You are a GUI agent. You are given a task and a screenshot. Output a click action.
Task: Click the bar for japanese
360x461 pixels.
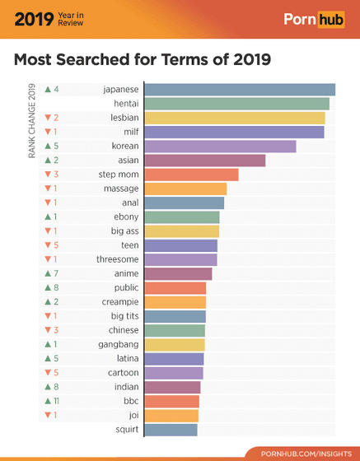point(239,89)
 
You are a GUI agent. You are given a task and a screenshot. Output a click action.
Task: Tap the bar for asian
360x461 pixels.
point(204,161)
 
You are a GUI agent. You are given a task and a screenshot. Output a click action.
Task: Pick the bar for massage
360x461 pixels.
point(185,189)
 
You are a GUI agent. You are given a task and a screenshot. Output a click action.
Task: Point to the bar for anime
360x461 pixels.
point(178,273)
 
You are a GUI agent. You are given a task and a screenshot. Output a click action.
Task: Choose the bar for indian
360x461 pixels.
point(172,387)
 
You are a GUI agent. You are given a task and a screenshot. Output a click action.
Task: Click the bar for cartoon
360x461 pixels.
point(173,373)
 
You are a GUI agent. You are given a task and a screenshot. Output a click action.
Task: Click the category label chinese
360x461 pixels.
point(124,330)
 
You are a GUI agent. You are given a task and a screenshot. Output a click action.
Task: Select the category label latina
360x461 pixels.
point(126,359)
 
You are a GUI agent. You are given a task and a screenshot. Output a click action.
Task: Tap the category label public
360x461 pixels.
point(126,288)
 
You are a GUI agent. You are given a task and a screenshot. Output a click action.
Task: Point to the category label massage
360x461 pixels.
point(121,189)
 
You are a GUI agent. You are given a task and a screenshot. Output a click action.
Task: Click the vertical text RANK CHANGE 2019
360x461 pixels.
point(31,123)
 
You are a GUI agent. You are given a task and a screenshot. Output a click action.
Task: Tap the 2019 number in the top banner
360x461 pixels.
point(32,17)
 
